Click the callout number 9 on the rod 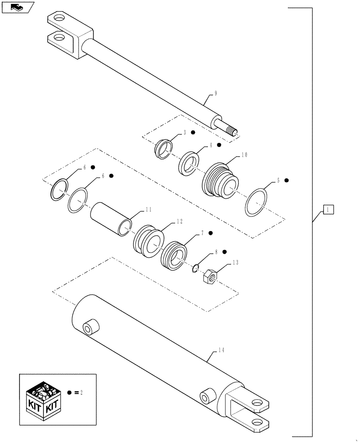click(x=216, y=93)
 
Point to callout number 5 click(x=278, y=181)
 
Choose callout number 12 click(x=179, y=221)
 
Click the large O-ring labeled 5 click(x=256, y=203)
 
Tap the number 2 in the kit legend click(x=82, y=393)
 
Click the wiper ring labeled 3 click(x=164, y=148)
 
